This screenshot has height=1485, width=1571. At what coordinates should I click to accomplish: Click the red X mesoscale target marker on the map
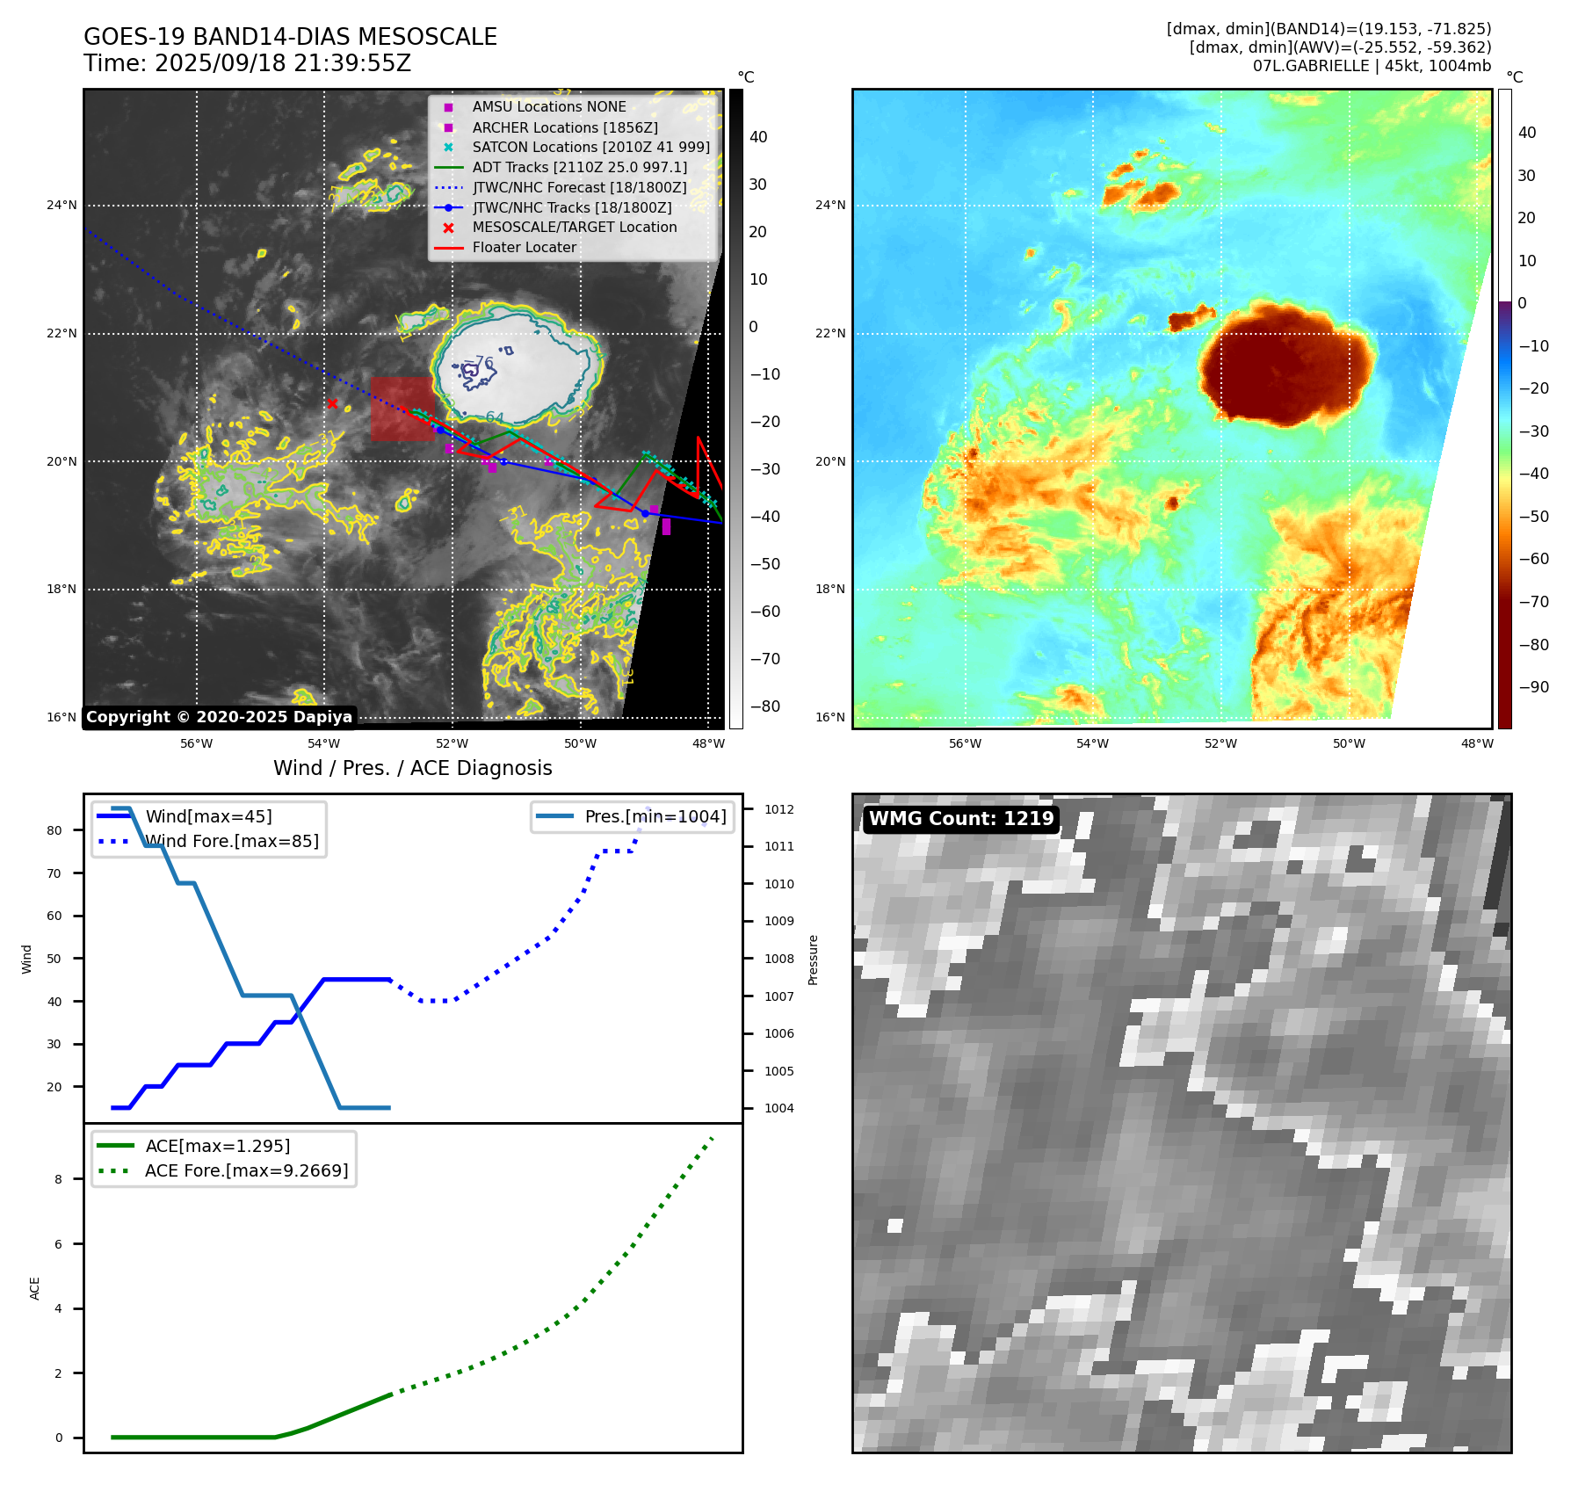point(332,403)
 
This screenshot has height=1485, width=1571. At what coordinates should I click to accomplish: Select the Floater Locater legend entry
point(524,248)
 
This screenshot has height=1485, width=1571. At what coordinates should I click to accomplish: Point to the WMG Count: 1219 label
point(961,819)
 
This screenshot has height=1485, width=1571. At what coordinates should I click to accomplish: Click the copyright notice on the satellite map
point(219,717)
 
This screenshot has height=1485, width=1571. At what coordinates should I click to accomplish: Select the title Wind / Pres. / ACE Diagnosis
point(413,768)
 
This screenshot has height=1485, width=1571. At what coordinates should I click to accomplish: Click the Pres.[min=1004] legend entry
point(655,816)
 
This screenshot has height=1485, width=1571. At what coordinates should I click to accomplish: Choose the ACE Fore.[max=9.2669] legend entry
point(246,1170)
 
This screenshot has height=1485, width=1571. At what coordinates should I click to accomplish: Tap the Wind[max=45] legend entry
point(208,816)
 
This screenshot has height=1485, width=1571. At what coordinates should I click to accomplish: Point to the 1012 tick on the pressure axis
point(778,809)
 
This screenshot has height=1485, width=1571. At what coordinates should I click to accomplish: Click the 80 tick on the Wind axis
point(54,830)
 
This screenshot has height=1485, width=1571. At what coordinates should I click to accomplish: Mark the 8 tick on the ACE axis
point(59,1179)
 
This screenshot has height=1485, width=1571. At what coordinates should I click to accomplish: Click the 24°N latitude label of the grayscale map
point(62,206)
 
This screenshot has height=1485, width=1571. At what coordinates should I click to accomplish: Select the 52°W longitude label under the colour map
point(1220,743)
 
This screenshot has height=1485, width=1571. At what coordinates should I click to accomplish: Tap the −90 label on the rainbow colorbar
point(1533,687)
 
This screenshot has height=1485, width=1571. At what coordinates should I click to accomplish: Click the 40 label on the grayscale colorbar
point(757,137)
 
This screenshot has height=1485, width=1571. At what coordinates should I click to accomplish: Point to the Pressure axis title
point(813,960)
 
